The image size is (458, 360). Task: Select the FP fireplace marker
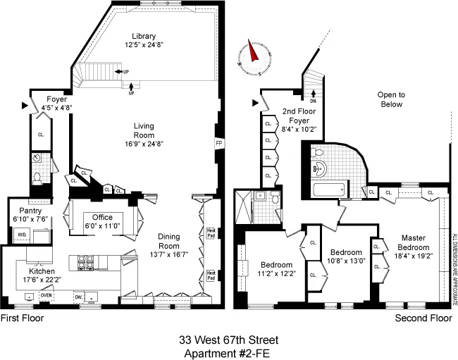pyautogui.click(x=218, y=143)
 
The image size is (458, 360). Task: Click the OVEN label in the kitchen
pyautogui.click(x=47, y=295)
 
